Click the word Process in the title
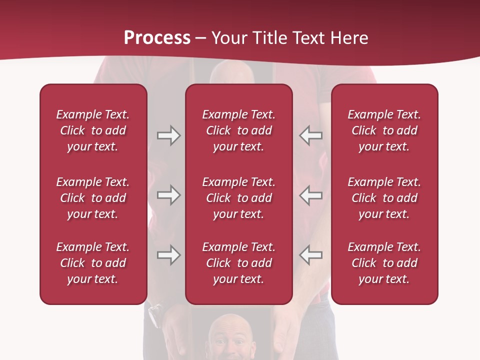(157, 38)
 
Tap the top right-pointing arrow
(168, 135)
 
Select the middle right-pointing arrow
(168, 195)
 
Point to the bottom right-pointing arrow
(168, 255)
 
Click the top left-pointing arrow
(310, 135)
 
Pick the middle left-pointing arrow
(310, 195)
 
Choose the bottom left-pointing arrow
(310, 255)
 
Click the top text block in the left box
(93, 130)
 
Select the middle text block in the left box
(93, 198)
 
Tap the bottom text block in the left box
(93, 263)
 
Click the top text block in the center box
(238, 130)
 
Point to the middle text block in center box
(238, 198)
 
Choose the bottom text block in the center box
(238, 263)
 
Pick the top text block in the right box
(384, 130)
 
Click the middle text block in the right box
(384, 198)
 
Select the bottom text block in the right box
(384, 263)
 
